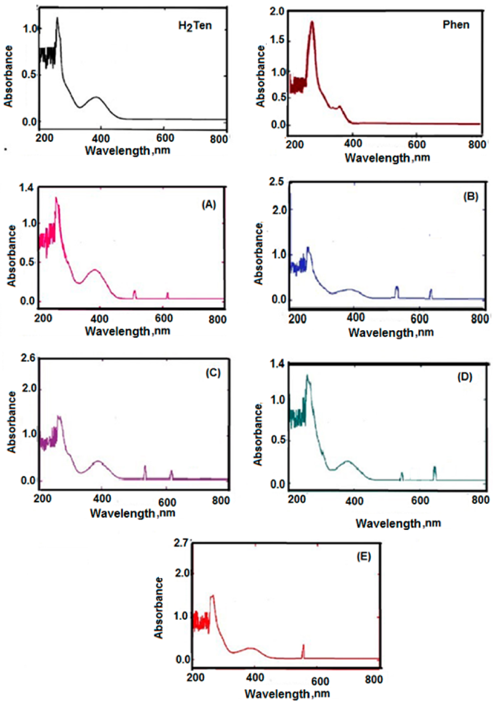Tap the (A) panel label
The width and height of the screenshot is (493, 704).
point(208,204)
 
